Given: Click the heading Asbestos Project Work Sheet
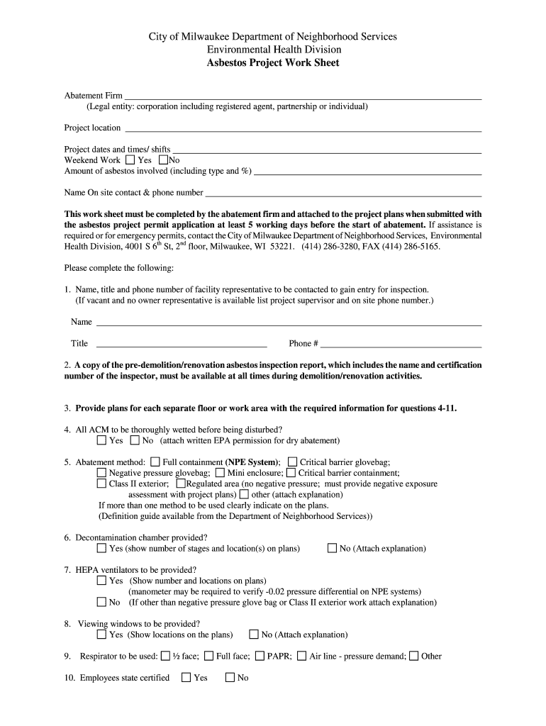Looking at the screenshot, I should click(x=273, y=63).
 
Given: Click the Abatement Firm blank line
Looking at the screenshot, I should click(x=303, y=96).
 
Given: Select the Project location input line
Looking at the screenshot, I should click(x=303, y=129).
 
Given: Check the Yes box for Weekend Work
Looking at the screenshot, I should click(x=129, y=160).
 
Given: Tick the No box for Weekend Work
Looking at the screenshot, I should click(x=163, y=160).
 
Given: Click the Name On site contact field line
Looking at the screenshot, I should click(x=343, y=193).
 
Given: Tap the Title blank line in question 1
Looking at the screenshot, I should click(x=182, y=344).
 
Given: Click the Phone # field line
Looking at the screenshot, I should click(x=401, y=344).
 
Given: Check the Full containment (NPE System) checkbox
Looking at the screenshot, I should click(x=155, y=462).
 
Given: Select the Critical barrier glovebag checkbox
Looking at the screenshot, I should click(x=292, y=462).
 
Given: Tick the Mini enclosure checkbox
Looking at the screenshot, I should click(x=220, y=473).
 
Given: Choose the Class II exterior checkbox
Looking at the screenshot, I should click(x=101, y=484).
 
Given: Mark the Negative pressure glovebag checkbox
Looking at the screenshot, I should click(x=101, y=473).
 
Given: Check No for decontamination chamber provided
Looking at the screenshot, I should click(x=332, y=548).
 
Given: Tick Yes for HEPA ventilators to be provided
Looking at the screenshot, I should click(x=101, y=581).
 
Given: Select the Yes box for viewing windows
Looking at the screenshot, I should click(x=101, y=635).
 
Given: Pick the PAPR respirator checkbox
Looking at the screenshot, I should click(x=260, y=656).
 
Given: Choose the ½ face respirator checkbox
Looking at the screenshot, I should click(x=165, y=656).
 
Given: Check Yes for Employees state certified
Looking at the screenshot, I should click(x=186, y=678).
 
